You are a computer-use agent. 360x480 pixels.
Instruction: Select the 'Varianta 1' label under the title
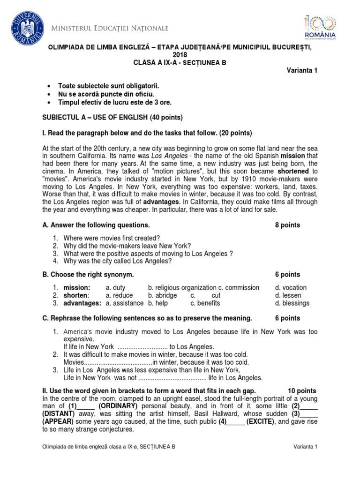302,70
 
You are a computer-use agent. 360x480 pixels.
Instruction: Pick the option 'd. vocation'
291,287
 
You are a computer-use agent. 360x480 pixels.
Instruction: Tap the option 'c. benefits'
205,303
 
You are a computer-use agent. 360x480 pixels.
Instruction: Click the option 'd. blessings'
292,303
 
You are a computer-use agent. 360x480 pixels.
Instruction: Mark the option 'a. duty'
116,287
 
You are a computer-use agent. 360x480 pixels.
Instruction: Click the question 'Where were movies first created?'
112,238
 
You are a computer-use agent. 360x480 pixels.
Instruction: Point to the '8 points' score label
287,225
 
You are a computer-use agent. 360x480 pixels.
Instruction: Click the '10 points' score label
301,390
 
